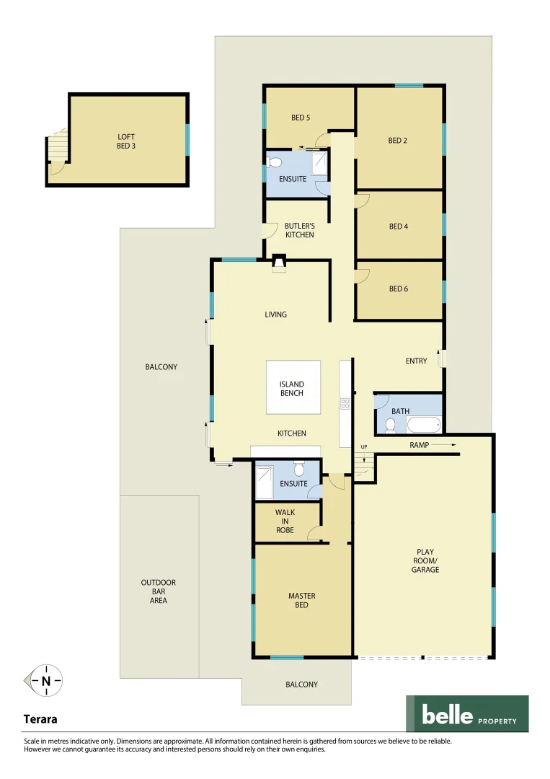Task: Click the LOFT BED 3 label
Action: click(x=126, y=141)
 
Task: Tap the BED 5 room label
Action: click(x=301, y=118)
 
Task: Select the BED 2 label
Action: click(x=398, y=141)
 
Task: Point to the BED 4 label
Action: click(x=399, y=226)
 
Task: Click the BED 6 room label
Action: click(x=399, y=289)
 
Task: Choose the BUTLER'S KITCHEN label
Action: click(x=299, y=231)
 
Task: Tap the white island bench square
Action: click(x=293, y=387)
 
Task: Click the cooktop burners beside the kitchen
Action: click(x=345, y=404)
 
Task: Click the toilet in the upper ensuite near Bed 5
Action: click(x=274, y=162)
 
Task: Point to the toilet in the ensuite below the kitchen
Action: click(x=299, y=469)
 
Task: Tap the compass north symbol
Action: click(x=45, y=680)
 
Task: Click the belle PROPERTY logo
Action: click(x=466, y=713)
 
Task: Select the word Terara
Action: click(x=40, y=719)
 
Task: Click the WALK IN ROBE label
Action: click(x=285, y=521)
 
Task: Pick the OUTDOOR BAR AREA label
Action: click(x=159, y=591)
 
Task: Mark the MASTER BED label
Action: click(x=301, y=600)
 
